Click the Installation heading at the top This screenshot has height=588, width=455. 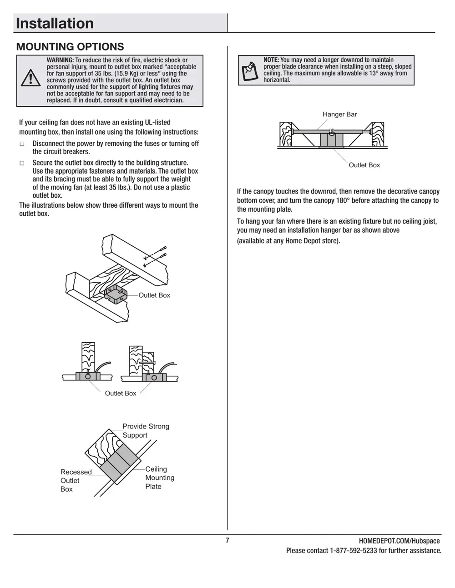point(55,23)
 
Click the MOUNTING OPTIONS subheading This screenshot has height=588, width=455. point(70,47)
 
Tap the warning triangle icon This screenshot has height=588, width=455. point(30,78)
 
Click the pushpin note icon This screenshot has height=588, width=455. point(250,70)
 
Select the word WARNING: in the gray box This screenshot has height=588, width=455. point(60,60)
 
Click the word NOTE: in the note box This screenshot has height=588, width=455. point(271,60)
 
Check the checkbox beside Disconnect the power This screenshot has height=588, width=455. point(22,144)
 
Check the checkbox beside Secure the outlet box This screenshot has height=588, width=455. point(22,163)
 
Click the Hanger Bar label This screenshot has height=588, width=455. point(339,115)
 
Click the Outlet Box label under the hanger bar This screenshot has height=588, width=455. point(364,165)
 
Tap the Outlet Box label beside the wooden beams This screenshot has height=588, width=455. point(154,295)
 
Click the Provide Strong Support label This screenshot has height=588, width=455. point(145,431)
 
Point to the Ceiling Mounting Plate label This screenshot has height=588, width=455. point(159,478)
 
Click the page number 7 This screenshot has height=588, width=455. point(227,540)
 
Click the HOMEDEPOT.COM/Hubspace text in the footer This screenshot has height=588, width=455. point(399,541)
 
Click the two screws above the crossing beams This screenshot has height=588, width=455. point(155,256)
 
